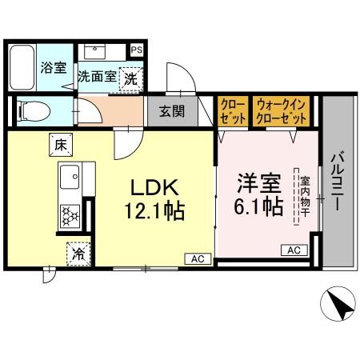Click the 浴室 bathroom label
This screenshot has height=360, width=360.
54,68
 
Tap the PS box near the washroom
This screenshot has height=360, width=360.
138,49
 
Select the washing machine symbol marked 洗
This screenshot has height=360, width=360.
130,78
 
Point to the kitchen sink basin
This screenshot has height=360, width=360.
69,174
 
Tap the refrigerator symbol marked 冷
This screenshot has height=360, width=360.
78,254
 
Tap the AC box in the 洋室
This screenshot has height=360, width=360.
293,250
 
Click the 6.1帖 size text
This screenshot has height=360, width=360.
257,206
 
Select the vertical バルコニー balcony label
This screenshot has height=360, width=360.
337,182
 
